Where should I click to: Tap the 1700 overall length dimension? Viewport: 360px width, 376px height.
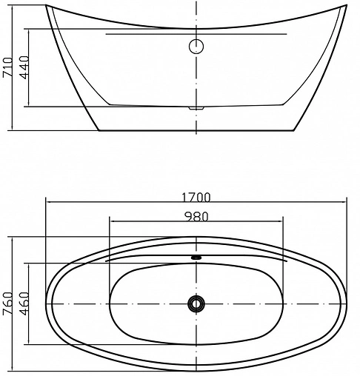pyautogui.click(x=196, y=197)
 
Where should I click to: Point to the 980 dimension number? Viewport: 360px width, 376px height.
pyautogui.click(x=196, y=216)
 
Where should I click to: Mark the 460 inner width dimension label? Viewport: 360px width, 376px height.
pyautogui.click(x=23, y=303)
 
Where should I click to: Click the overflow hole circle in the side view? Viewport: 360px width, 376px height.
pyautogui.click(x=196, y=47)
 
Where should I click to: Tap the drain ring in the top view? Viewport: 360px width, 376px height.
pyautogui.click(x=196, y=303)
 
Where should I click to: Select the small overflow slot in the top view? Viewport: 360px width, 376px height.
pyautogui.click(x=196, y=258)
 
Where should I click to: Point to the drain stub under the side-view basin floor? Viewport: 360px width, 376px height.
pyautogui.click(x=196, y=107)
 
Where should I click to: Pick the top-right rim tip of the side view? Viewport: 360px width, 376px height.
pyautogui.click(x=346, y=6)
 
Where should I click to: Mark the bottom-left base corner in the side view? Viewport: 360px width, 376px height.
pyautogui.click(x=99, y=132)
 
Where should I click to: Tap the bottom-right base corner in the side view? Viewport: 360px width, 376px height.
pyautogui.click(x=294, y=132)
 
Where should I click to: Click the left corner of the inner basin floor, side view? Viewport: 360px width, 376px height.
pyautogui.click(x=110, y=103)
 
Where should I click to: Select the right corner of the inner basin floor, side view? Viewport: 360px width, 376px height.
pyautogui.click(x=283, y=103)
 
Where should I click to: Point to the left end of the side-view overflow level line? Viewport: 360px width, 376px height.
pyautogui.click(x=105, y=34)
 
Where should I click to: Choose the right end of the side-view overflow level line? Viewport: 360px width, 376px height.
pyautogui.click(x=287, y=34)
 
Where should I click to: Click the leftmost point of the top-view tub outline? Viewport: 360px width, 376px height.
pyautogui.click(x=46, y=303)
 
